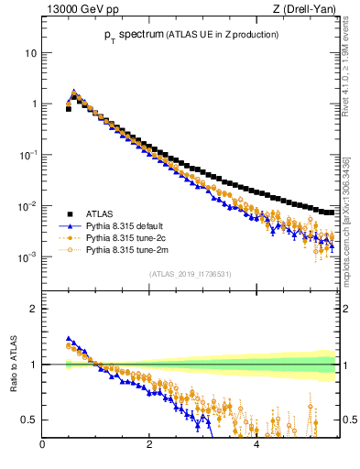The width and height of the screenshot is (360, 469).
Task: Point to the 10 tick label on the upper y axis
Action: tap(30, 53)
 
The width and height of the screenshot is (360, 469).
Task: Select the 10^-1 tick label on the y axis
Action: tap(29, 155)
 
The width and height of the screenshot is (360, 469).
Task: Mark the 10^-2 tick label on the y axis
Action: tap(29, 206)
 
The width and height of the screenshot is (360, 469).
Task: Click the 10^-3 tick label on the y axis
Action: tap(29, 257)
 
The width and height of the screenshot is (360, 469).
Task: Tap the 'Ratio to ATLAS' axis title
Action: tap(11, 365)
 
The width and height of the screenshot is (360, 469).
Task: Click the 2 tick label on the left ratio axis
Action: tap(34, 309)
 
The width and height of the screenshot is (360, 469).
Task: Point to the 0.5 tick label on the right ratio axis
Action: tap(349, 420)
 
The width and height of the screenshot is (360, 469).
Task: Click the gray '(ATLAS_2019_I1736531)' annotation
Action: tap(190, 274)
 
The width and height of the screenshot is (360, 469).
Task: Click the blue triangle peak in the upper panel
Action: tap(74, 92)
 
